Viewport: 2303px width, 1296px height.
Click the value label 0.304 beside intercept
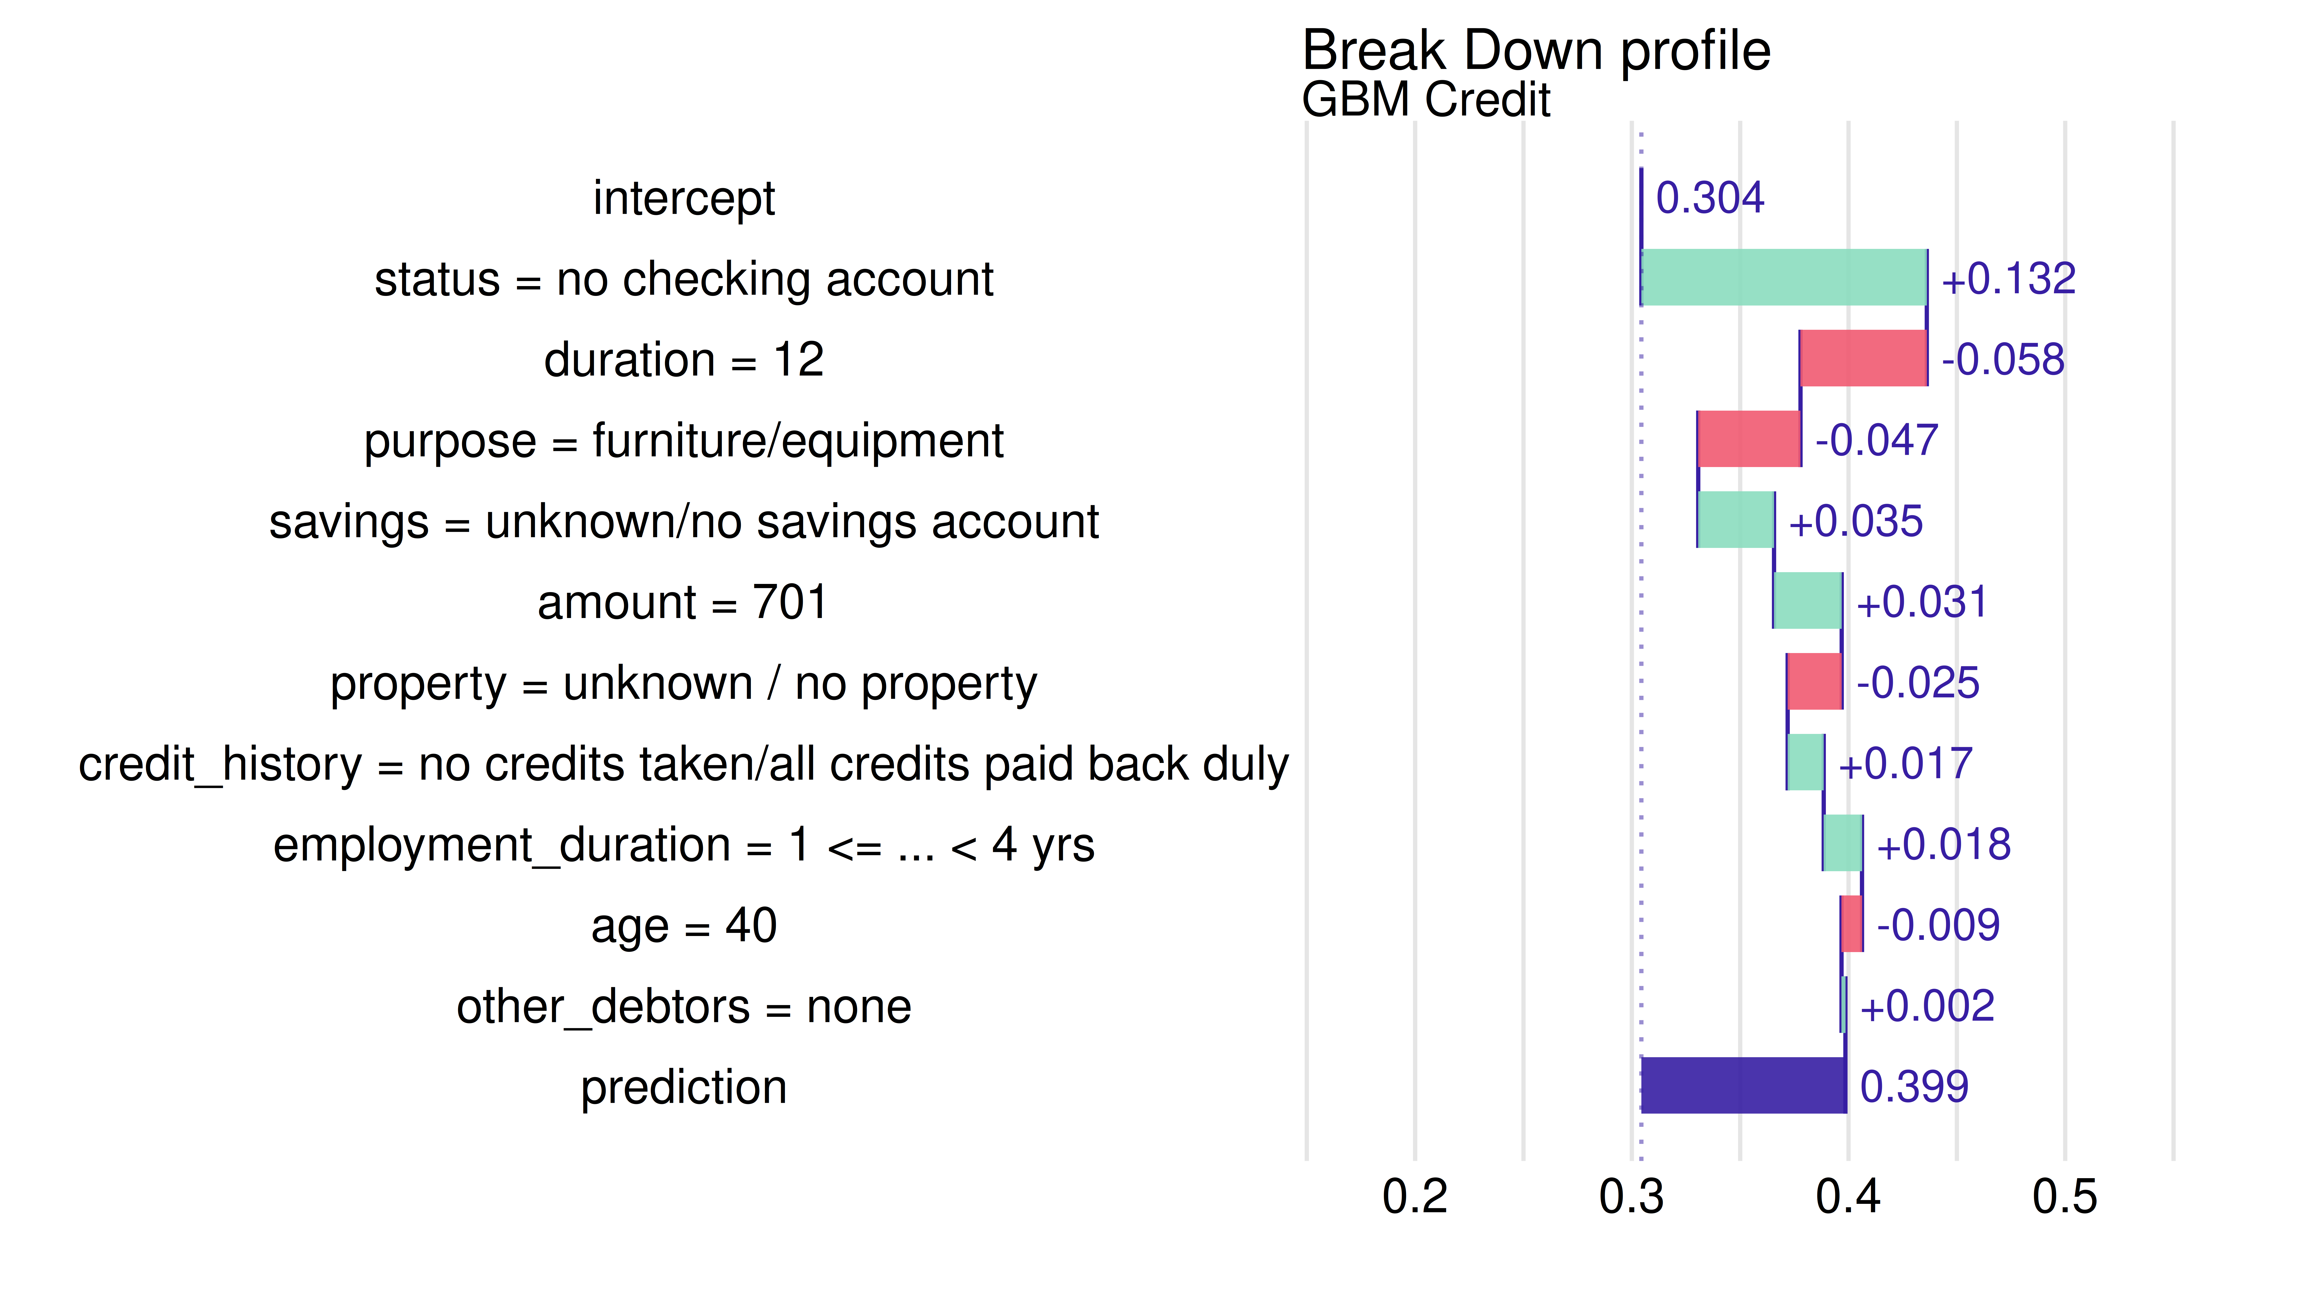click(x=1709, y=198)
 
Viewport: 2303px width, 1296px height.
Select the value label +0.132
click(x=2007, y=279)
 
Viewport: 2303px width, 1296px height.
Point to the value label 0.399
click(x=1913, y=1087)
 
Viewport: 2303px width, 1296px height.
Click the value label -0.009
click(x=1937, y=925)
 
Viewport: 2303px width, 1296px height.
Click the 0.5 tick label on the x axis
click(x=2064, y=1197)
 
